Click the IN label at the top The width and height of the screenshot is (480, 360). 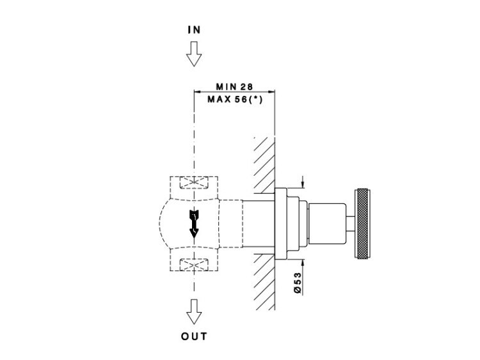coord(194,30)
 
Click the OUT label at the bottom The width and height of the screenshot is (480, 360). coord(194,336)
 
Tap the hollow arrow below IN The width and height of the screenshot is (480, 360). coord(194,54)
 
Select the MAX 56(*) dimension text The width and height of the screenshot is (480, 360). coord(236,99)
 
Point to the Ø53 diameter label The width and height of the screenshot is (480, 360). coord(298,282)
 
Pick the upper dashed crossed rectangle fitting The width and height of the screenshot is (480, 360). coord(194,184)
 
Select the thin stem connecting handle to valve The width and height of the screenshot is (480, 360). coord(349,221)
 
